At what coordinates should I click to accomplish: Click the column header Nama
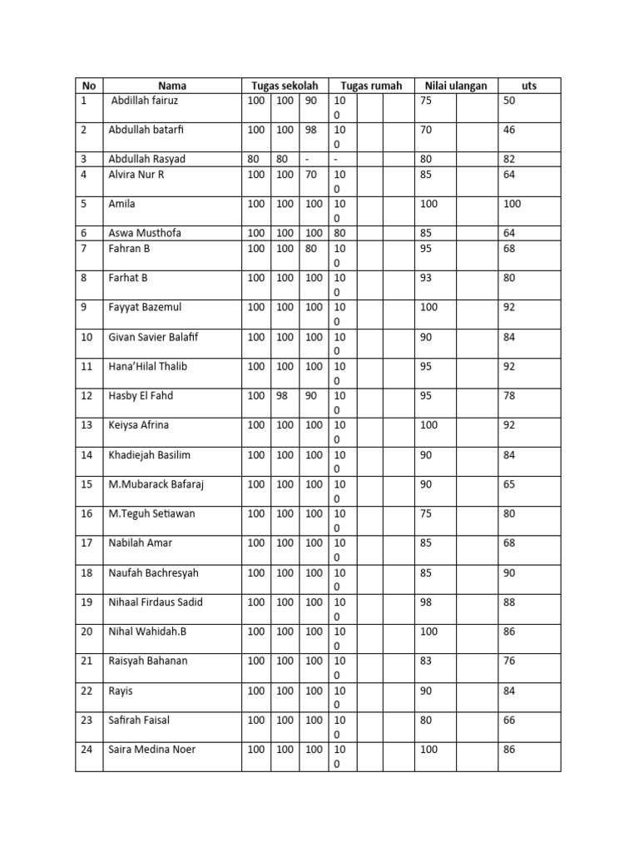point(172,86)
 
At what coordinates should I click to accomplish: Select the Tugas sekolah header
point(285,86)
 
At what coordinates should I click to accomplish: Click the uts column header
point(528,86)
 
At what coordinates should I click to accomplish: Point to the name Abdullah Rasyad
point(147,159)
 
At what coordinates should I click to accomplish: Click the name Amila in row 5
point(121,204)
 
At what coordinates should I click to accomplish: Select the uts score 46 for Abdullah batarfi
point(510,130)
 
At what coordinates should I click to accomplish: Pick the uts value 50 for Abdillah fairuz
point(510,101)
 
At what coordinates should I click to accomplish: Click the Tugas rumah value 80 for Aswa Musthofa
point(340,233)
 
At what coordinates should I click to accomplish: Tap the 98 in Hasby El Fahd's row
point(283,395)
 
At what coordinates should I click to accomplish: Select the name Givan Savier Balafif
point(155,337)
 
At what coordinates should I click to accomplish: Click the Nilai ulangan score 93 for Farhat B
point(426,278)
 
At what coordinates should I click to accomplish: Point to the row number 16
point(87,513)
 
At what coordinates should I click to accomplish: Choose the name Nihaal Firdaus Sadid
point(156,602)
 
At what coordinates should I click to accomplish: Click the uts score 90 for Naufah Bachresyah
point(510,572)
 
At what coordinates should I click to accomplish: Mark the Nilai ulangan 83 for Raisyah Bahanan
point(426,661)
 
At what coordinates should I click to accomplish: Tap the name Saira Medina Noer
point(152,750)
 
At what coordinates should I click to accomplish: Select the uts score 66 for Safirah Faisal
point(510,720)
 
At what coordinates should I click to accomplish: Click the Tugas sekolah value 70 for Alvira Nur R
point(311,174)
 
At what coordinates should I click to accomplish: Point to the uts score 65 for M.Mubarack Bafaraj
point(510,484)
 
